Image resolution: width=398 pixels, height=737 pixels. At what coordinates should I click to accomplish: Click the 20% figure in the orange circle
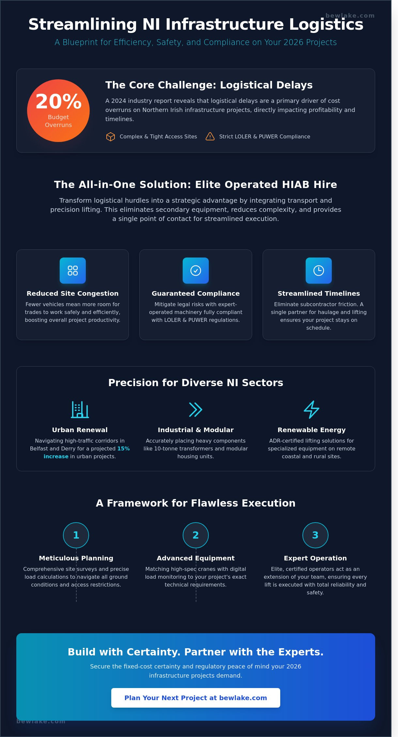point(58,102)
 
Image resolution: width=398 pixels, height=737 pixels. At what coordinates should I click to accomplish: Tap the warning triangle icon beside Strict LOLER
point(210,136)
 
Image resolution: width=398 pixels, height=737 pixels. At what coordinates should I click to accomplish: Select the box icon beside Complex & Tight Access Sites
point(111,136)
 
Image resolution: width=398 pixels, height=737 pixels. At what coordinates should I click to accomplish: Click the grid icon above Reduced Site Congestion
point(73,271)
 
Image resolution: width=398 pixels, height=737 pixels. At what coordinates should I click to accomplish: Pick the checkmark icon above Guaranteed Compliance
point(196,271)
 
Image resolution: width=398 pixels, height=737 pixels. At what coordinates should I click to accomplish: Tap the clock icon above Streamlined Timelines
point(319,271)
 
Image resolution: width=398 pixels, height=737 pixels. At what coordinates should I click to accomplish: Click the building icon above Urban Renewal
point(80,409)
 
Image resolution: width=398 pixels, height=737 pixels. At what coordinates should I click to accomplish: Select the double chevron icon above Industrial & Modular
point(196,410)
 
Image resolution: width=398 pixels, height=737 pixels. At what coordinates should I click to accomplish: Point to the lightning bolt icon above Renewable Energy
point(312,409)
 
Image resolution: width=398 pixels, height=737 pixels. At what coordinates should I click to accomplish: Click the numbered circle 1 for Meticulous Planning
point(76,535)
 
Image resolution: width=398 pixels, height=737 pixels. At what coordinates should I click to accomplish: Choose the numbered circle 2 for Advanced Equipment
point(196,535)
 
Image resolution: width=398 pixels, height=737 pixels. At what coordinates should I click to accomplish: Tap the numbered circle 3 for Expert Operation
point(315,535)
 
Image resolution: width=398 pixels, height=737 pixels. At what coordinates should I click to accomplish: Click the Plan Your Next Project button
point(196,698)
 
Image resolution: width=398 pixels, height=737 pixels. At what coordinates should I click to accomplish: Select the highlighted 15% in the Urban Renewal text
point(124,448)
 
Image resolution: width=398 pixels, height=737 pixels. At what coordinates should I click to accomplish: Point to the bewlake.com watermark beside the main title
point(350,15)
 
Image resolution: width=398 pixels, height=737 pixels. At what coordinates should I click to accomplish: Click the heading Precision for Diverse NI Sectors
point(196,383)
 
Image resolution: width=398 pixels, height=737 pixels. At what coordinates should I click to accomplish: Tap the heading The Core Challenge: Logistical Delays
point(209,85)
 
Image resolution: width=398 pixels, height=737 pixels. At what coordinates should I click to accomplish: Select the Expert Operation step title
point(315,558)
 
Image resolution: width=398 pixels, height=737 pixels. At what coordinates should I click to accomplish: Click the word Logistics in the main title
point(326,24)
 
